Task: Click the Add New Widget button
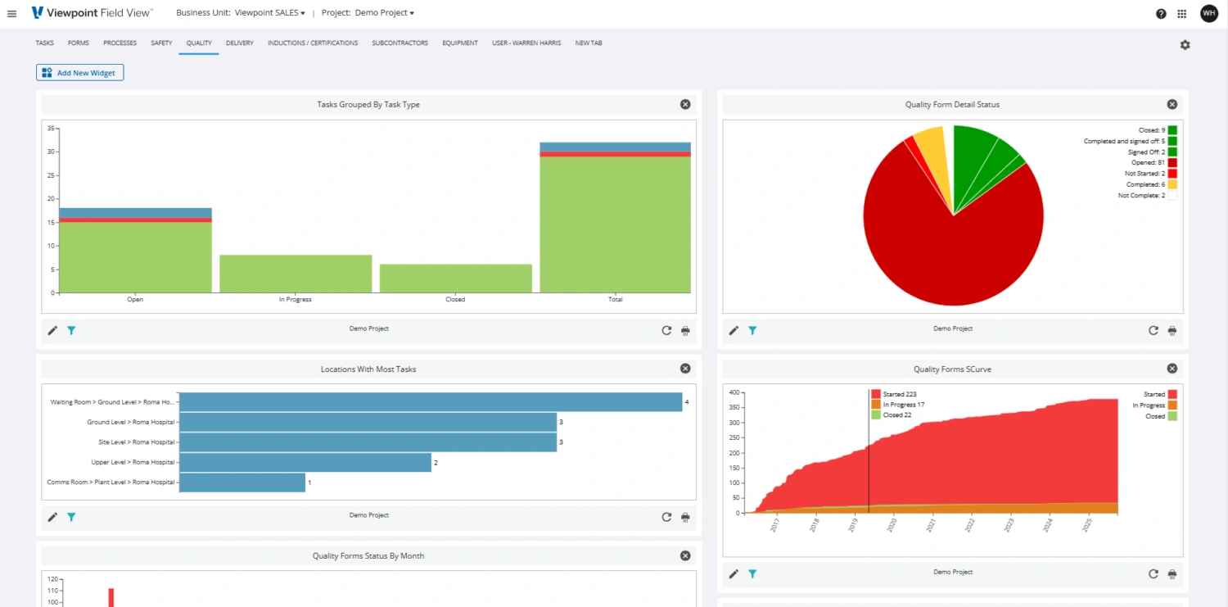[x=79, y=73]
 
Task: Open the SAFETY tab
[x=161, y=43]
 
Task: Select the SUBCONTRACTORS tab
[x=400, y=43]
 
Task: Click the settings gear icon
[x=1185, y=45]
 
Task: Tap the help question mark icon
[x=1161, y=14]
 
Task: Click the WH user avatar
[x=1209, y=13]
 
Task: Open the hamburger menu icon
[x=11, y=14]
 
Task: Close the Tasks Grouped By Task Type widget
[x=685, y=104]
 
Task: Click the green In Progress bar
[x=296, y=274]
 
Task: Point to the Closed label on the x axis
[x=455, y=300]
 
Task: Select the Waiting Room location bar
[x=430, y=402]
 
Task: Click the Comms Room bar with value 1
[x=242, y=482]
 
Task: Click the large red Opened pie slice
[x=941, y=246]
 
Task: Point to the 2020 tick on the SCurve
[x=892, y=525]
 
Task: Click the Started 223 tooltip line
[x=899, y=394]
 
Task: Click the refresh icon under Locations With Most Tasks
[x=666, y=517]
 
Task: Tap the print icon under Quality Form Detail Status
[x=1172, y=330]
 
